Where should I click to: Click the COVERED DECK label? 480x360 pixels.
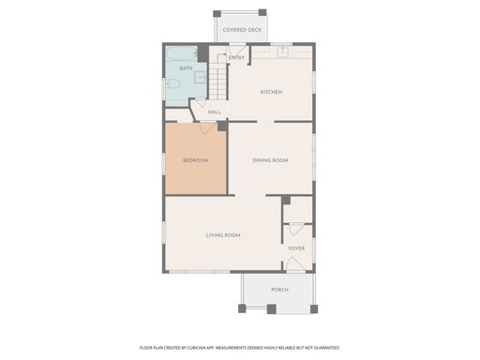[242, 30]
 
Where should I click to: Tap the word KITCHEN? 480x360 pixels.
[271, 92]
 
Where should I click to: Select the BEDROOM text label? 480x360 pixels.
[196, 160]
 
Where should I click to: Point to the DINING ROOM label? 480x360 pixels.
[270, 160]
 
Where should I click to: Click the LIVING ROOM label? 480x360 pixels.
[223, 235]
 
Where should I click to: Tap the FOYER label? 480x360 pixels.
[296, 248]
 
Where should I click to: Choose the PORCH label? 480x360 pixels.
[279, 290]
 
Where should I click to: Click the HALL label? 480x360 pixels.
[215, 112]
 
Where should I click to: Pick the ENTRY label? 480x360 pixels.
[236, 58]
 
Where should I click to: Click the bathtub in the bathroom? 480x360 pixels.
[182, 53]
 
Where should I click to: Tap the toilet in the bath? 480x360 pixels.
[172, 83]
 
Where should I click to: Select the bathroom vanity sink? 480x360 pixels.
[200, 77]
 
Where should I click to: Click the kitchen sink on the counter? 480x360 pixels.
[283, 52]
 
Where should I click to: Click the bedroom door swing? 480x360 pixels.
[207, 128]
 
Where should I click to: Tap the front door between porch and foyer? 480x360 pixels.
[295, 264]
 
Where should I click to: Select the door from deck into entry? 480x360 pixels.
[237, 50]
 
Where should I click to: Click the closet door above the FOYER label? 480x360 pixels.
[296, 230]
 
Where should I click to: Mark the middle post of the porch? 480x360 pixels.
[272, 309]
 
